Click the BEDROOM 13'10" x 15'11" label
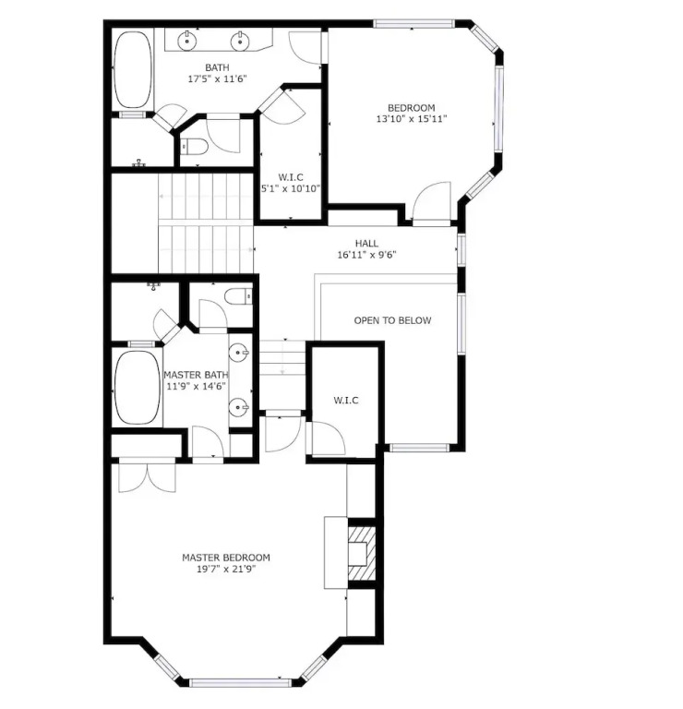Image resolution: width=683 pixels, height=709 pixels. (412, 114)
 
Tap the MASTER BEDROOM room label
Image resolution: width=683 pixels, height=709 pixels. (226, 558)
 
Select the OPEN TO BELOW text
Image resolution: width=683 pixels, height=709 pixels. (392, 320)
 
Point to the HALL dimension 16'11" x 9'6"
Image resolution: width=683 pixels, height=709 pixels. (366, 255)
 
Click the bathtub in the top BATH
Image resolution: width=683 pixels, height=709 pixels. (132, 69)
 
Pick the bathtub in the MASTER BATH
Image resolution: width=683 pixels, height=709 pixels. (138, 388)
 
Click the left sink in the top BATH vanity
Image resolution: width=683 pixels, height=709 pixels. (187, 42)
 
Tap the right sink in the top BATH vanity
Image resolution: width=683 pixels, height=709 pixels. (240, 42)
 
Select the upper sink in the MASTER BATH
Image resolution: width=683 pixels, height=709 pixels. (239, 353)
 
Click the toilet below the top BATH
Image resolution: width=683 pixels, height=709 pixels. (194, 147)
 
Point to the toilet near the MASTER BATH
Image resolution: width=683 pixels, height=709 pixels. (239, 297)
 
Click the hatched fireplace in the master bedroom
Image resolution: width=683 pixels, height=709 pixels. (362, 553)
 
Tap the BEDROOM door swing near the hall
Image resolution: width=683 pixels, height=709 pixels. (432, 202)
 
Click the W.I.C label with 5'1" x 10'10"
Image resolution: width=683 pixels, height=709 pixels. (291, 183)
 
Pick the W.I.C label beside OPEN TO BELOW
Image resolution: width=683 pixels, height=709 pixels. (346, 400)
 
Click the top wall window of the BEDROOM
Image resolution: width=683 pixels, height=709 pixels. (413, 24)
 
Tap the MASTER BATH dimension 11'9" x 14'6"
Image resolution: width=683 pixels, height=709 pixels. (197, 387)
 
